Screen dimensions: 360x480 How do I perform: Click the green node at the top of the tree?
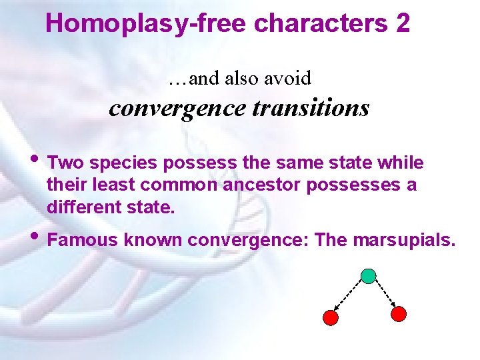coord(368,275)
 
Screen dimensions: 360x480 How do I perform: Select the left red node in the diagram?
coord(330,317)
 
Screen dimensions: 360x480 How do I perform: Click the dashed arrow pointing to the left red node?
coord(349,297)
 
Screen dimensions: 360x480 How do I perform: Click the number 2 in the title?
coord(403,24)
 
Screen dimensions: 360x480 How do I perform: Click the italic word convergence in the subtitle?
coord(178,107)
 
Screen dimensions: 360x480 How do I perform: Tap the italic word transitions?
coord(311,107)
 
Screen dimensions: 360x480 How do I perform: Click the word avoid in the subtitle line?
coord(287,79)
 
